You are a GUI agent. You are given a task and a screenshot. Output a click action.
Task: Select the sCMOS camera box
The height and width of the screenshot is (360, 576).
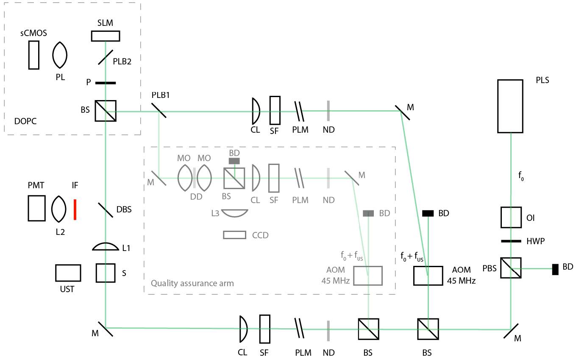coord(34,55)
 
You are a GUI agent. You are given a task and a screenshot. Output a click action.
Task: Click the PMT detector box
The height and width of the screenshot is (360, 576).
coord(36,208)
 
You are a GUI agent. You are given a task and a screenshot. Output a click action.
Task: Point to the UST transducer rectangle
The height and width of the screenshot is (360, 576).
coord(68,273)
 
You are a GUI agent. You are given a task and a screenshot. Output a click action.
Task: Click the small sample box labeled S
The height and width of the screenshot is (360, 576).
coord(105,273)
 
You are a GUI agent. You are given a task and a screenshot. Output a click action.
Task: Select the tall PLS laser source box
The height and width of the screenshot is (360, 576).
coord(510,106)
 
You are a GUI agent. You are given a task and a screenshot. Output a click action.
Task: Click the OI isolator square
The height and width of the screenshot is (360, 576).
coord(510,217)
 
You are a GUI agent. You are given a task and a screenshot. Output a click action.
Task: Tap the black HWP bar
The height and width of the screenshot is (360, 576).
coord(511,241)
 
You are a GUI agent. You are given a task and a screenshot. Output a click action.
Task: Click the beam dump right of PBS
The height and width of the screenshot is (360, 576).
coord(555,269)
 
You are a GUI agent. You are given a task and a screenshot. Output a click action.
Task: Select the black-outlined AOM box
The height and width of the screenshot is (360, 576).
coord(428,276)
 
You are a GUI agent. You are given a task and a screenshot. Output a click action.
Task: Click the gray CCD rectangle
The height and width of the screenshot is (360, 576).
coord(234,234)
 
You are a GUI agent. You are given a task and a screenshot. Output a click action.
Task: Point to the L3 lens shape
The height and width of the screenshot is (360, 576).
coord(234,213)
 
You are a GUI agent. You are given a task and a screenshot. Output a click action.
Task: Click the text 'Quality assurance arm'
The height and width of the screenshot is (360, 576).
coord(192,283)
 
